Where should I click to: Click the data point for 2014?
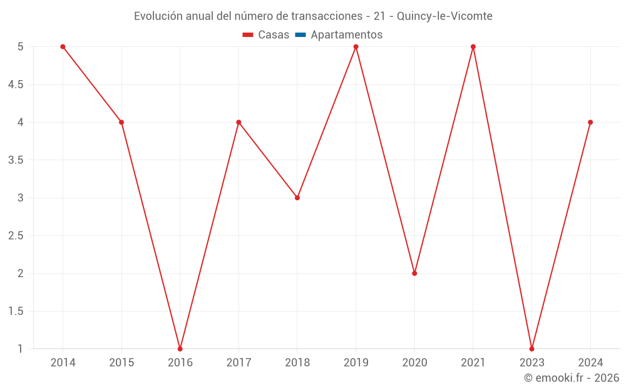pos(63,47)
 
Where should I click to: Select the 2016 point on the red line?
pos(180,348)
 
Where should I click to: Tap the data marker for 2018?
pos(297,198)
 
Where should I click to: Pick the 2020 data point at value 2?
pos(414,273)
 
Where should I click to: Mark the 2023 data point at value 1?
pos(531,348)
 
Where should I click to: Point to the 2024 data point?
pos(590,122)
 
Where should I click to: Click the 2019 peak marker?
pos(356,47)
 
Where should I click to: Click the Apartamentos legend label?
pos(346,35)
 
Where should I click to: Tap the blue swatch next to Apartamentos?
pos(300,35)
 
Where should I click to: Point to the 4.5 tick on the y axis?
pos(16,84)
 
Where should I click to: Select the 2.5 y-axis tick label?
pos(16,236)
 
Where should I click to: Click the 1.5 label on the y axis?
pos(16,311)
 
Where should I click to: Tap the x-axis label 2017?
pos(239,362)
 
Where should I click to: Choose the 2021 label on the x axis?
pos(473,362)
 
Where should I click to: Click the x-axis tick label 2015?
pos(121,362)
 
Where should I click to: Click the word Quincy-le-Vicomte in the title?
pos(451,16)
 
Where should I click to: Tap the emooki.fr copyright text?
pos(571,378)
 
